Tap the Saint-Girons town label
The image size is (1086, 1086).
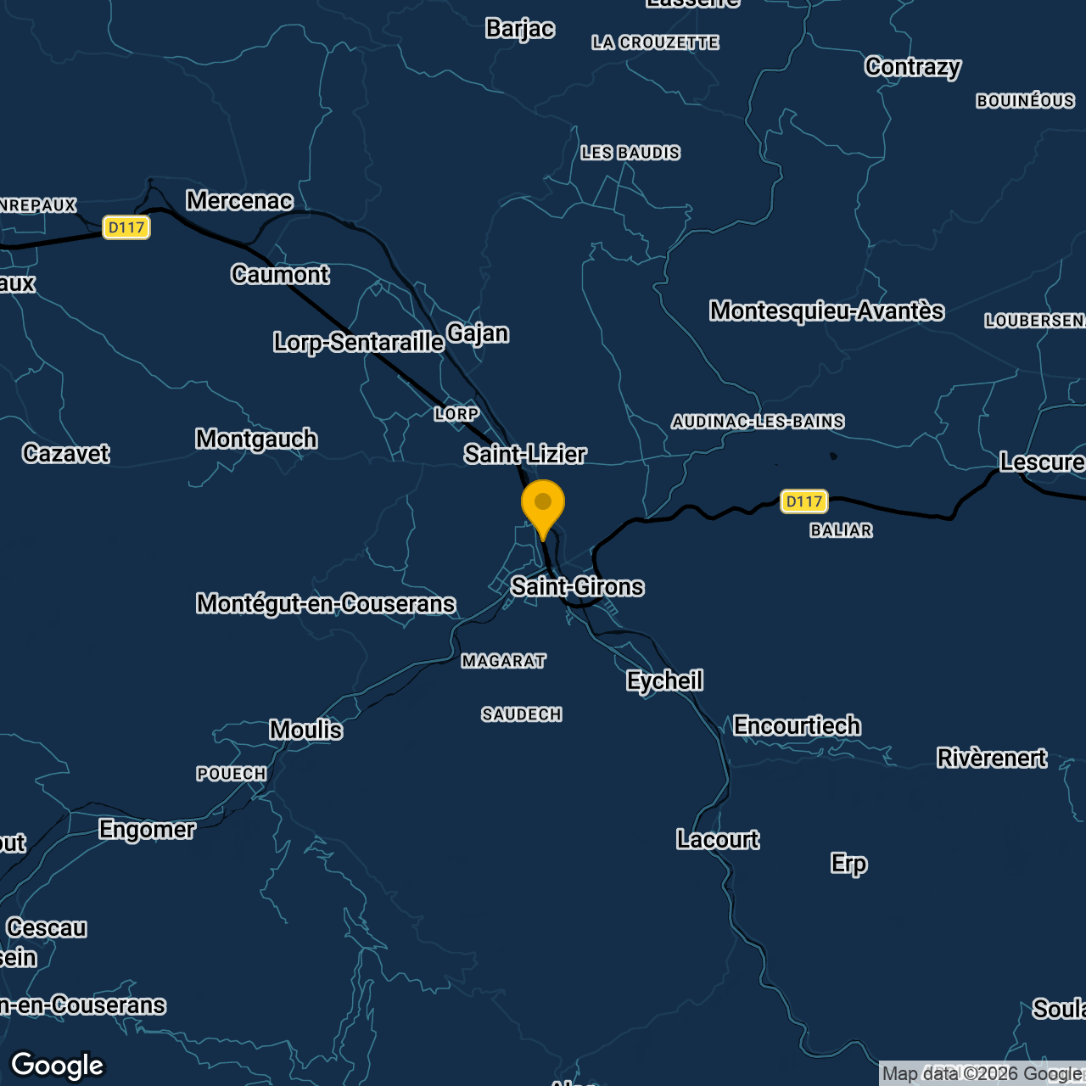(577, 586)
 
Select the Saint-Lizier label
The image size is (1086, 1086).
(525, 454)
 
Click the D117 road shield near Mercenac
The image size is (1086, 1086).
(126, 227)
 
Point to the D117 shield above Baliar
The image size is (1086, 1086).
(803, 501)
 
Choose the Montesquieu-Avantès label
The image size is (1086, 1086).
(826, 311)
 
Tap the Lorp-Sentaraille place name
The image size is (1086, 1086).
(358, 342)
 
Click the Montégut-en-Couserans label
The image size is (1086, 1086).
(326, 603)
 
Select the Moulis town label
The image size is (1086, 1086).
(305, 730)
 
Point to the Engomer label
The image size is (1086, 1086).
(147, 829)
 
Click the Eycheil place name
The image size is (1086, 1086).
(664, 680)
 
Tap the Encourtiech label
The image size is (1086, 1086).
(797, 725)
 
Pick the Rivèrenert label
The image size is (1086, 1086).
(991, 758)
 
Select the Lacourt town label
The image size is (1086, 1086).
(718, 839)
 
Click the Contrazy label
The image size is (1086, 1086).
(913, 66)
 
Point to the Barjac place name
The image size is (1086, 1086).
(520, 29)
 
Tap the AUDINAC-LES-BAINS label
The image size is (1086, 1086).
(758, 422)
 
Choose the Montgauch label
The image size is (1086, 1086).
(256, 439)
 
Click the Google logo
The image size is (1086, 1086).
(58, 1066)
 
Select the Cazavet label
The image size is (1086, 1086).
(66, 453)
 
